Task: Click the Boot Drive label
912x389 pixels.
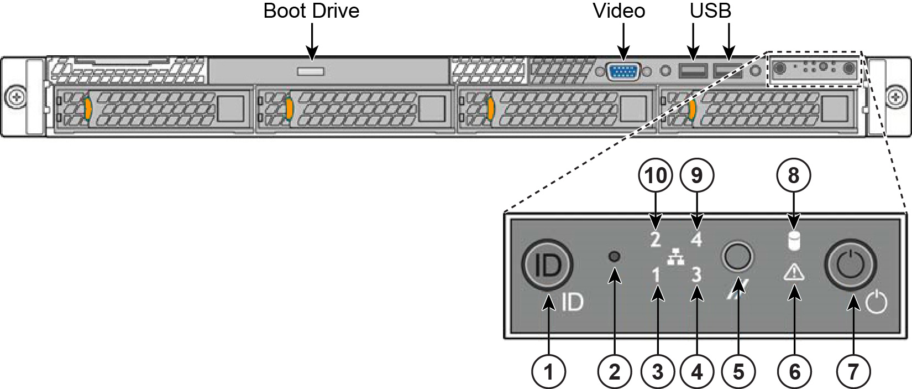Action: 311,11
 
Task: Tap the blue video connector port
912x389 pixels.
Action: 623,71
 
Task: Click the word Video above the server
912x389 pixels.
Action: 619,11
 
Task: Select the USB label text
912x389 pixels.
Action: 710,11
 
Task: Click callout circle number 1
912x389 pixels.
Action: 548,371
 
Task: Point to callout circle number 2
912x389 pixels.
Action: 615,371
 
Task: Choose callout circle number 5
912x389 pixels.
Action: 738,371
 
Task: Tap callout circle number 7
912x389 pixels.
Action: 853,371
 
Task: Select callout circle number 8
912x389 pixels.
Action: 793,175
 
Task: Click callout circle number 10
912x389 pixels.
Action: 656,175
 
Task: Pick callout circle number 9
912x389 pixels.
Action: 697,175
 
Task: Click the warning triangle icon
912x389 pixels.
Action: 794,272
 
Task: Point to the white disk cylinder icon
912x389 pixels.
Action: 794,241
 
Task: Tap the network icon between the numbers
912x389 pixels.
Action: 675,257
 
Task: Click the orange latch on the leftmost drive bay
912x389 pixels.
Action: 87,108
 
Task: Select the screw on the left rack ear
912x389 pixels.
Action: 15,97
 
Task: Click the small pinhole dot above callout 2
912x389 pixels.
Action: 614,257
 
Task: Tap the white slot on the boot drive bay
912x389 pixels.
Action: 311,71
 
